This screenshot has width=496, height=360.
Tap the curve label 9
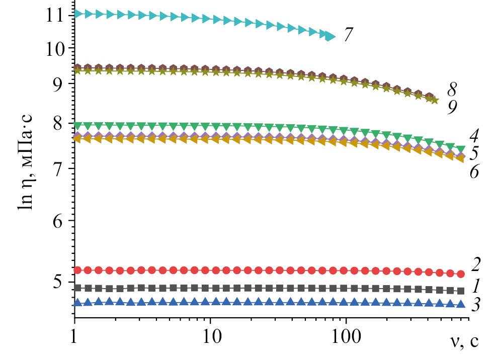[x=452, y=107]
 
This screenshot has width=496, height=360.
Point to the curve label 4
[x=473, y=135]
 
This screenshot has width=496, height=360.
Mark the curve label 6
[x=473, y=171]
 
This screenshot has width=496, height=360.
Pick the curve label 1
[x=476, y=287]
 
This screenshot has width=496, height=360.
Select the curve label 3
[x=476, y=305]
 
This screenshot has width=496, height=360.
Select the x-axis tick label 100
[x=346, y=334]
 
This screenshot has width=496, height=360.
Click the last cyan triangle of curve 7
[x=330, y=36]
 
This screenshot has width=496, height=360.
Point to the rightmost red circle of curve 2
[x=461, y=274]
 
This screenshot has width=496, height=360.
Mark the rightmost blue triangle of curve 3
[x=461, y=304]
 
